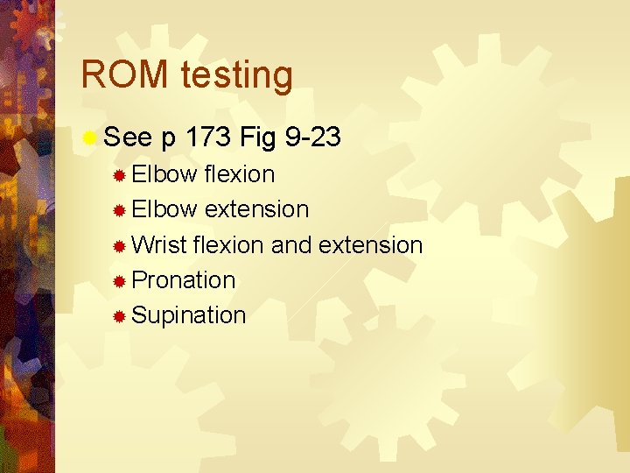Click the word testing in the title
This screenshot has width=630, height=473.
[x=236, y=77]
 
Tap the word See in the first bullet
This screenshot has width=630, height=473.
[x=128, y=138]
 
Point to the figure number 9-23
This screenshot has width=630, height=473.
[x=312, y=138]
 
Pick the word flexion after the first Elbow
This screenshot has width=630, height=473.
[x=239, y=174]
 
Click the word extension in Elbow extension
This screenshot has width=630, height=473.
[x=256, y=209]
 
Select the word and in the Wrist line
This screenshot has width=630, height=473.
[x=291, y=244]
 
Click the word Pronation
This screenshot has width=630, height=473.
[x=183, y=279]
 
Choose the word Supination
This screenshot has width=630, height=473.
[x=188, y=315]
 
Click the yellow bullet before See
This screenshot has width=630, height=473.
[x=89, y=138]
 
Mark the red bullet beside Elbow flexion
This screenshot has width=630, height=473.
[x=120, y=175]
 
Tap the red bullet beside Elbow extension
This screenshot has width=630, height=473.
[x=120, y=210]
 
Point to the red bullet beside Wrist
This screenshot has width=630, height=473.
[x=120, y=245]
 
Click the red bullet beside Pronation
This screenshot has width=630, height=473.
[x=120, y=280]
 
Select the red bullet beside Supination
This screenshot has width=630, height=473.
[x=120, y=315]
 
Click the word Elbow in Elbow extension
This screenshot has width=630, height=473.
[x=164, y=209]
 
